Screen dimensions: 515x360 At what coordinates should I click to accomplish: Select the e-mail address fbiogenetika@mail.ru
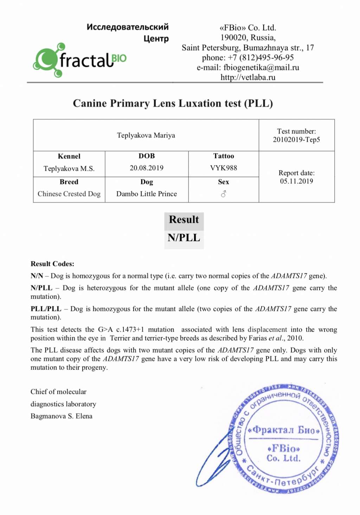click(x=261, y=67)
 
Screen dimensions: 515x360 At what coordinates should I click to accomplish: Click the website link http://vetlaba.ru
click(x=248, y=77)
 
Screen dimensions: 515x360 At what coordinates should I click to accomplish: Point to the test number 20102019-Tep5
click(x=296, y=140)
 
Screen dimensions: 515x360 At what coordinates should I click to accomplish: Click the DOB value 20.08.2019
click(x=147, y=168)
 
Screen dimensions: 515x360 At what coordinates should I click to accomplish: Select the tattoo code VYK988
click(x=224, y=168)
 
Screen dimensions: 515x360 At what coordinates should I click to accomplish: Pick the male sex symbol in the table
click(x=224, y=194)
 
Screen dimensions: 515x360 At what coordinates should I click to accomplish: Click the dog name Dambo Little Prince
click(x=147, y=194)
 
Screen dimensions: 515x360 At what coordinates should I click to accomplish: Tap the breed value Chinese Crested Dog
click(x=69, y=194)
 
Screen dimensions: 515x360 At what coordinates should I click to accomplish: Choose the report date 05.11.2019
click(x=296, y=181)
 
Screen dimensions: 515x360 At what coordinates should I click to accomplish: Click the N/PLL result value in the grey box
click(x=184, y=238)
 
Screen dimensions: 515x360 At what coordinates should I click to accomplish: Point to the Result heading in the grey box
click(x=184, y=220)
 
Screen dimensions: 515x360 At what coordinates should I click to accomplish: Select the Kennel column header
click(x=69, y=156)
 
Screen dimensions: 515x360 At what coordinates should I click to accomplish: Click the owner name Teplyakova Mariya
click(x=146, y=135)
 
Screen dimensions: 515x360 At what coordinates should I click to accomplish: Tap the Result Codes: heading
click(x=52, y=264)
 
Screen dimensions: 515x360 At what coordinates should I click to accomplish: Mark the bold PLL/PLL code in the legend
click(x=46, y=309)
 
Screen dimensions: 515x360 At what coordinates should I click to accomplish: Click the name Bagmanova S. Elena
click(x=62, y=416)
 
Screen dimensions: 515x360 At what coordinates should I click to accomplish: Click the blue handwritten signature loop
click(x=211, y=464)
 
